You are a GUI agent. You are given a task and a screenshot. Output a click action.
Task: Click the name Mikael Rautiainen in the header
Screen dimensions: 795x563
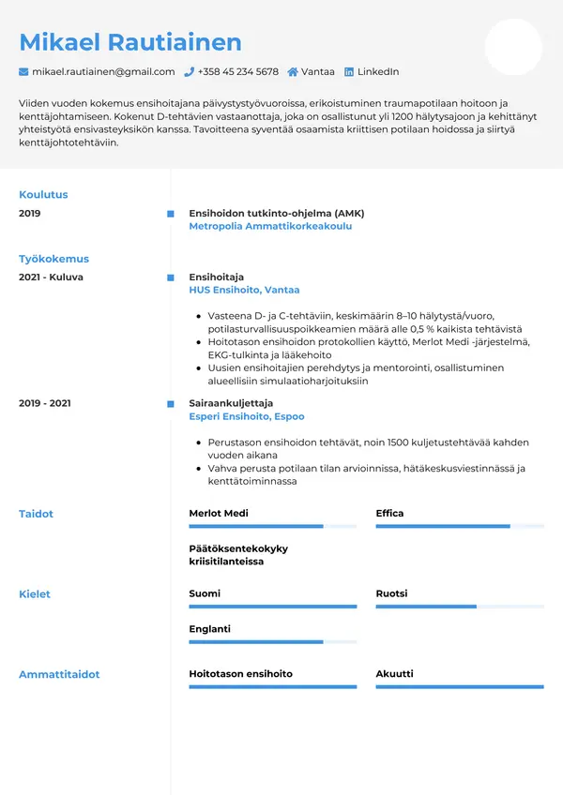(x=130, y=42)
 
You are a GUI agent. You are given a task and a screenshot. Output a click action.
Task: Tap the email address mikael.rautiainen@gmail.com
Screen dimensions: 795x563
(x=103, y=72)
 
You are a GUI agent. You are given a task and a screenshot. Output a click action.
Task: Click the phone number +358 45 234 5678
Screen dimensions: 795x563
(x=238, y=72)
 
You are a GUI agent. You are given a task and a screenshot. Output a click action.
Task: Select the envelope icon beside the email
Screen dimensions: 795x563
(x=23, y=72)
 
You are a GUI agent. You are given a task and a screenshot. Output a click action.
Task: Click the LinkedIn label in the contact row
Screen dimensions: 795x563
(x=378, y=72)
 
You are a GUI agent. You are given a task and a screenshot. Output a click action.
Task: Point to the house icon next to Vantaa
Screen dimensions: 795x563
(x=293, y=72)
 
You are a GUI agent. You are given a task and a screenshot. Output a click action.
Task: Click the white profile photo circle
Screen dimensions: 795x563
(x=513, y=47)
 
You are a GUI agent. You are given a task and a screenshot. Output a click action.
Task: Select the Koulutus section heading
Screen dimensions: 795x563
(x=43, y=195)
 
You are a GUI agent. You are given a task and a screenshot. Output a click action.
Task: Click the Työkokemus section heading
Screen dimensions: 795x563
(x=53, y=259)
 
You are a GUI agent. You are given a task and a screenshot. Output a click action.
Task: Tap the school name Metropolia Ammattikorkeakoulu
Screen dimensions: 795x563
(x=270, y=227)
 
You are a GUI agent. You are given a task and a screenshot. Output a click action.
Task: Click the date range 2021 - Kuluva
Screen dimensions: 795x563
(x=51, y=277)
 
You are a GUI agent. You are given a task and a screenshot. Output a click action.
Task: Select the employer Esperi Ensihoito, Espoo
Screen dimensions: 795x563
(x=246, y=416)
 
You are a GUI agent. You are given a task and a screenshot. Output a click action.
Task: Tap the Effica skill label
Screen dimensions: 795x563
(x=389, y=514)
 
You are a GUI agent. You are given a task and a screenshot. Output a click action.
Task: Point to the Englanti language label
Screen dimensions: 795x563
(x=209, y=629)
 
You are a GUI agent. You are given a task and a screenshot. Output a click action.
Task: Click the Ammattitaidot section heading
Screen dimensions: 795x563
(x=59, y=674)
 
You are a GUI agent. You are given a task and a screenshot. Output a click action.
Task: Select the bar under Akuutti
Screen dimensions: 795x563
(x=459, y=687)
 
